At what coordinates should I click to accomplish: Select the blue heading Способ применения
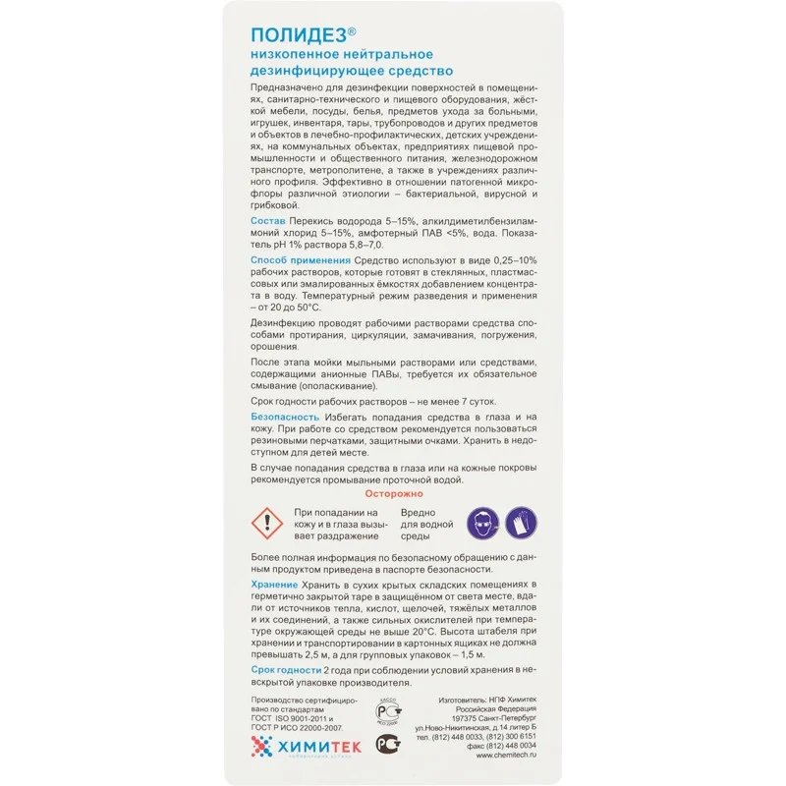[x=293, y=258]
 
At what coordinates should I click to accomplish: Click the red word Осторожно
[x=393, y=494]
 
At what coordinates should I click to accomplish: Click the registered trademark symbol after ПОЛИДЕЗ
[x=353, y=30]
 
